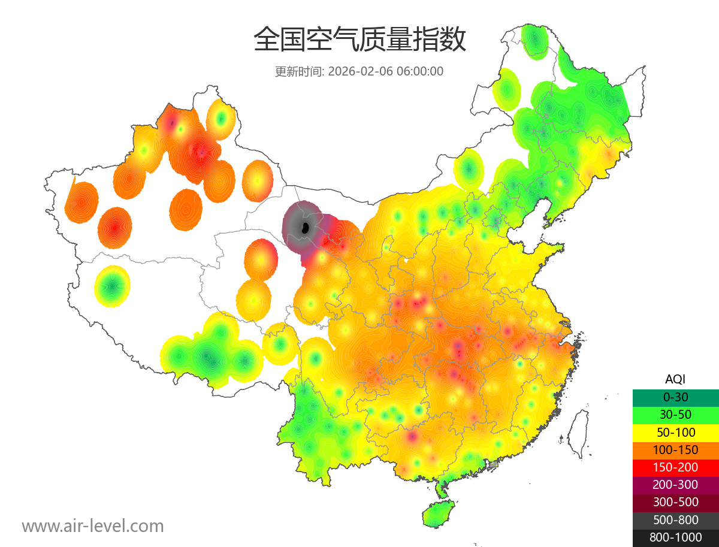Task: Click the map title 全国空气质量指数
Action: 359,40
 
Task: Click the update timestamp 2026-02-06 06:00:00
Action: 386,71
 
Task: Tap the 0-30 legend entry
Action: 675,397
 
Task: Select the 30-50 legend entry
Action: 675,415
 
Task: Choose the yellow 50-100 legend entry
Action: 675,432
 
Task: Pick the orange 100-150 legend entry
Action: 675,450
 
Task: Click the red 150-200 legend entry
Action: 675,467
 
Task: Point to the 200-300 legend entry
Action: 675,485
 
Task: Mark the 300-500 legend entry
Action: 675,502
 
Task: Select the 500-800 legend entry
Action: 675,520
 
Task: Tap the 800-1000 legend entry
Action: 675,537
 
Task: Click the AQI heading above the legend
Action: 675,379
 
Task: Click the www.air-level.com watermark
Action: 93,526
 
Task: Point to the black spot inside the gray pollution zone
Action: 304,228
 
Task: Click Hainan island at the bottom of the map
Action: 438,515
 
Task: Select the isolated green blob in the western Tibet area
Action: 113,286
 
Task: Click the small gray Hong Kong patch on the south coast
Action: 493,464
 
